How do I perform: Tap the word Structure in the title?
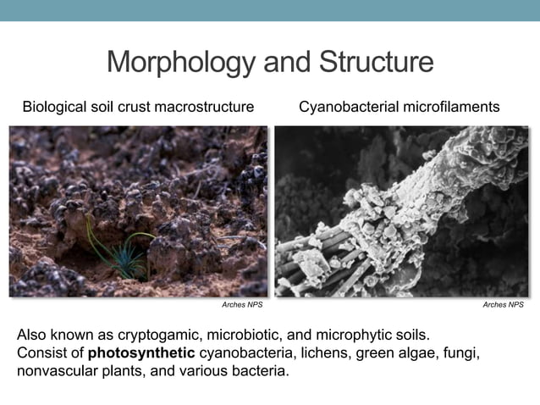click(375, 63)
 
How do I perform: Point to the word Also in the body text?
click(32, 334)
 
